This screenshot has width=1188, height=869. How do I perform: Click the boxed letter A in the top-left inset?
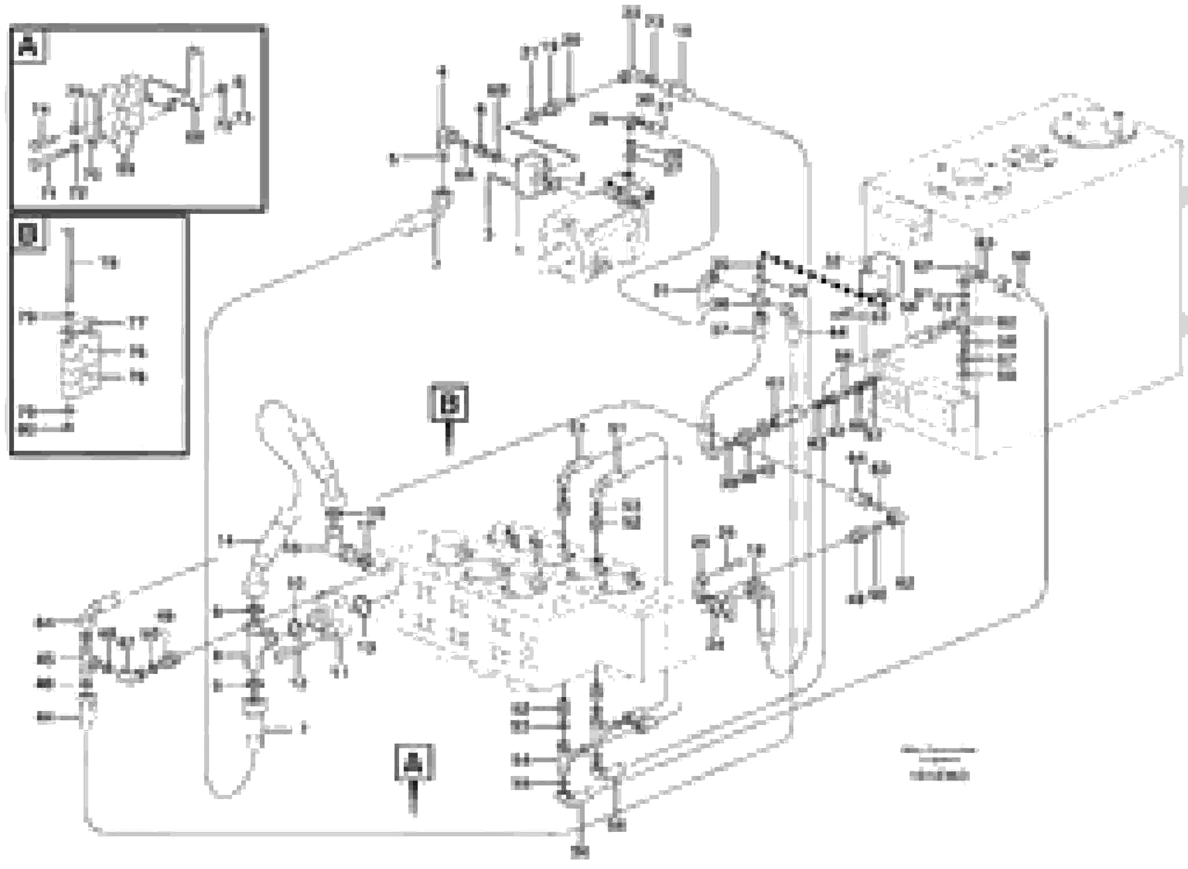28,48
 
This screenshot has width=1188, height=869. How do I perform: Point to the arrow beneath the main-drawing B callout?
448,439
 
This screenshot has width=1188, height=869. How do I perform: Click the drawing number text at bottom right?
939,776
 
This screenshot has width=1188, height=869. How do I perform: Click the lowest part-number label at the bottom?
580,851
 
